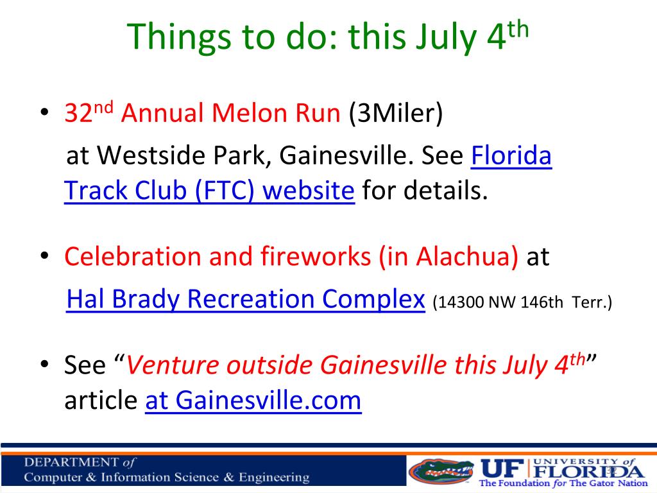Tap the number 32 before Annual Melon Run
(x=78, y=113)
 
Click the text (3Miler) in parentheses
(x=396, y=114)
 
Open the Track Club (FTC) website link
(x=210, y=191)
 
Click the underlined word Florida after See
(x=511, y=155)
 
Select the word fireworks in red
(x=316, y=256)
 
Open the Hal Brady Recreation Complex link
(x=246, y=299)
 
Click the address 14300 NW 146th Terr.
(x=522, y=302)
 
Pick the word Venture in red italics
(x=172, y=365)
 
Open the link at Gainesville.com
(x=253, y=401)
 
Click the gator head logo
(x=441, y=471)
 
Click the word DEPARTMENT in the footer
(x=71, y=462)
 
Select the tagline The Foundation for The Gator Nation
(x=563, y=483)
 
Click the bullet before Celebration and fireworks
(x=44, y=255)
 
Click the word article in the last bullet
(x=101, y=401)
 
